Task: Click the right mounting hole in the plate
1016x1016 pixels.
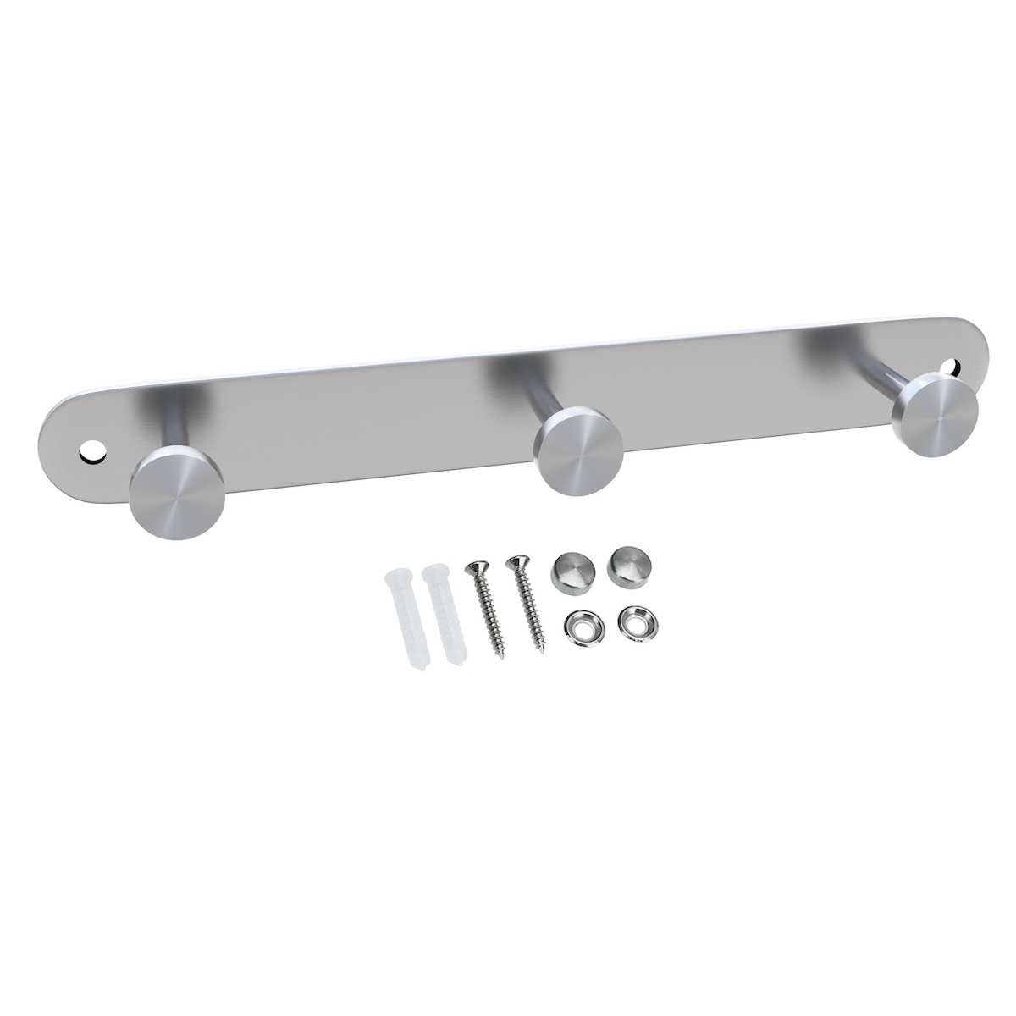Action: tap(955, 368)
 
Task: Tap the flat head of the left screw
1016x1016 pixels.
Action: tap(473, 568)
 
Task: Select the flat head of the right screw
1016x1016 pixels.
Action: tap(515, 561)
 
